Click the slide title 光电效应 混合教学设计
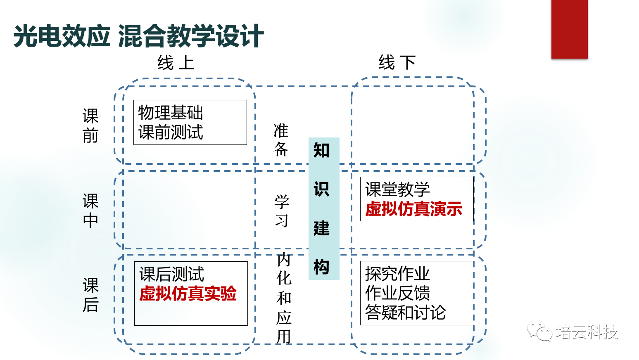138,36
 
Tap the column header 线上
176,63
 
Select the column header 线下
397,63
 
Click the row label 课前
90,126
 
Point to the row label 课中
90,211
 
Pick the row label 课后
90,295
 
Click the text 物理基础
170,112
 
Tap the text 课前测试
170,132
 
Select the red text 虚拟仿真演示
413,209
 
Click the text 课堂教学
397,189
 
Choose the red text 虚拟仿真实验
188,294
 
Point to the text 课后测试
171,274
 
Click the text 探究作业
397,273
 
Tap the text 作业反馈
397,293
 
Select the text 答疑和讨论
405,312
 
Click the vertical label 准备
281,140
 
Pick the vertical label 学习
282,211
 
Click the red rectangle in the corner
569,29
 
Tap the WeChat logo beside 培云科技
539,331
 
